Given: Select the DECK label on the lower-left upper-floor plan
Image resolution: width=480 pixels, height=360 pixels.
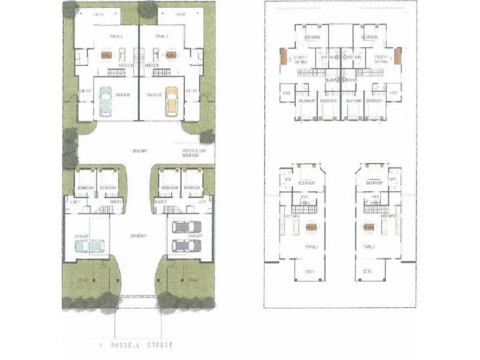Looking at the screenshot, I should click(310, 271).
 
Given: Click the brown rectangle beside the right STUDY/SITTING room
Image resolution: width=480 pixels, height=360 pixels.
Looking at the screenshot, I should click(397, 58).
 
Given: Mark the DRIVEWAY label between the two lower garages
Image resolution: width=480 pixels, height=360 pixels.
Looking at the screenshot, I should click(139, 236).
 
